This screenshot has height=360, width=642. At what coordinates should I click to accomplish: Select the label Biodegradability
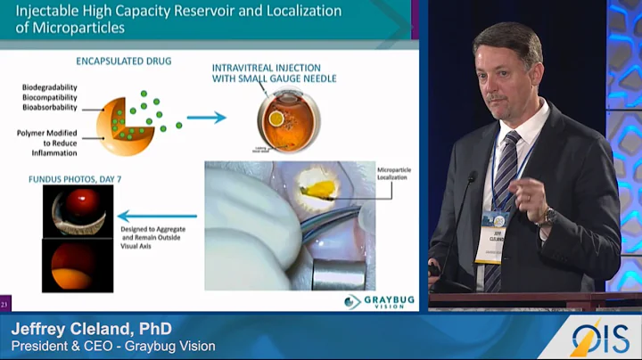pyautogui.click(x=51, y=87)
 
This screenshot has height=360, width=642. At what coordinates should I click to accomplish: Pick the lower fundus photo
pyautogui.click(x=78, y=266)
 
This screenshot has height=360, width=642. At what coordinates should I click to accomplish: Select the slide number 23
pyautogui.click(x=5, y=303)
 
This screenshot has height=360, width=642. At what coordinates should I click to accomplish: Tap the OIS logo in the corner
pyautogui.click(x=600, y=339)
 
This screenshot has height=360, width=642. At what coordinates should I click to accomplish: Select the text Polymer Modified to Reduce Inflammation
pyautogui.click(x=53, y=140)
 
